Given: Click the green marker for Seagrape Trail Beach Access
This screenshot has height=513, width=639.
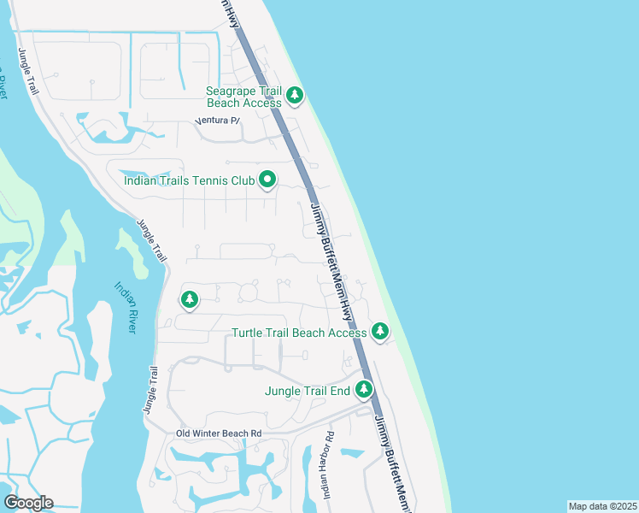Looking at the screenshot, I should (x=295, y=95).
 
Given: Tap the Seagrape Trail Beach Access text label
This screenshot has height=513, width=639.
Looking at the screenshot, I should (x=243, y=97).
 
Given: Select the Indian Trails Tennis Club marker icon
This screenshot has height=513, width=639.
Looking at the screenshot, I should (x=267, y=180).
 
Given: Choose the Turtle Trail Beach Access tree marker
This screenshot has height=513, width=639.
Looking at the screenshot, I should (x=380, y=331).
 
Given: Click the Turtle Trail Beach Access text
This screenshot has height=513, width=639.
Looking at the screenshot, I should (x=299, y=333).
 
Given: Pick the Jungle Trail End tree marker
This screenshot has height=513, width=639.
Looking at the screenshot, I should (x=365, y=390).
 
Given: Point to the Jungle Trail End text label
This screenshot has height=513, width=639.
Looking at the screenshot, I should (x=308, y=391).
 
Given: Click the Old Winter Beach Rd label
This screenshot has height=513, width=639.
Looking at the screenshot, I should (x=219, y=433).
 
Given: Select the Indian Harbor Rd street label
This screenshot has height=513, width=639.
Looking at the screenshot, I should (x=330, y=469).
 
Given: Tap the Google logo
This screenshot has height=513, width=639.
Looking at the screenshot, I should (x=27, y=503).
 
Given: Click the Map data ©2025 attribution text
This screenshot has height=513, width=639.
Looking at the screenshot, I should (x=601, y=506).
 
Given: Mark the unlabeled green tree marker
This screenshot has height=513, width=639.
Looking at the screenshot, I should (x=190, y=300).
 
